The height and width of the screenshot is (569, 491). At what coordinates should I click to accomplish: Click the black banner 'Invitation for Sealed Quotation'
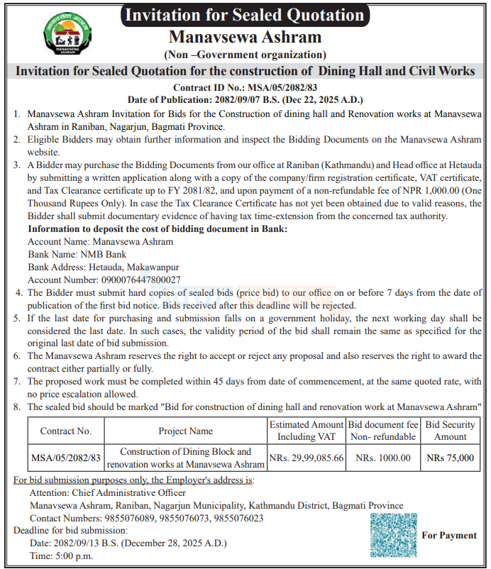(x=245, y=15)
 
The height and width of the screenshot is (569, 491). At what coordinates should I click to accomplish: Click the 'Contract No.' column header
(x=66, y=430)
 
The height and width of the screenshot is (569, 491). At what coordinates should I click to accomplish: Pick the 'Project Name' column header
(x=185, y=430)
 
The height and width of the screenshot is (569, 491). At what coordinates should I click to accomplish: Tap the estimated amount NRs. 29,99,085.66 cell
(x=307, y=458)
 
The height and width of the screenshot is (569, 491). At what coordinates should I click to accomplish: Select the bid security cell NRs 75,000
(x=450, y=458)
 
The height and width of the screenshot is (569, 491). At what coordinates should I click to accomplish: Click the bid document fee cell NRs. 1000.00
(x=383, y=458)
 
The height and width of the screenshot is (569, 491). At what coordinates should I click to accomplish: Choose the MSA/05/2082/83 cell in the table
(x=66, y=458)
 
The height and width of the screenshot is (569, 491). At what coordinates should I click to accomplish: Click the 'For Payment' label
(x=449, y=536)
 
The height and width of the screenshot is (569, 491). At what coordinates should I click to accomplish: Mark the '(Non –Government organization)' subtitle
(x=245, y=55)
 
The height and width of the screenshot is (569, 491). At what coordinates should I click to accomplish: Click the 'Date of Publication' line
(x=245, y=99)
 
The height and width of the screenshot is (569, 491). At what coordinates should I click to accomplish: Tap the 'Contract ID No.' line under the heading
(x=245, y=87)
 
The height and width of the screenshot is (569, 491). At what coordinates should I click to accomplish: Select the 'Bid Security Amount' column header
(x=450, y=430)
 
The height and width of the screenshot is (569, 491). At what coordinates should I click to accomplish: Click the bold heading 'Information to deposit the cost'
(x=158, y=228)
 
